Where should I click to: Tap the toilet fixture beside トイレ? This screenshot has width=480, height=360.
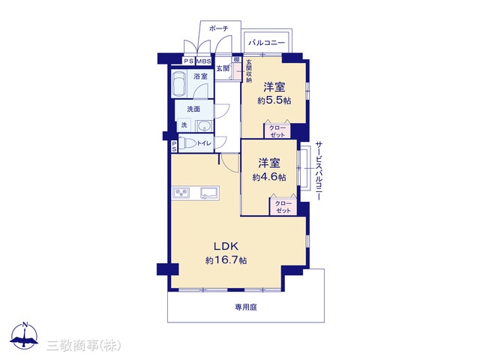[187, 143]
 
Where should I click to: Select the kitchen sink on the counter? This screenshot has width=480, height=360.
[209, 193]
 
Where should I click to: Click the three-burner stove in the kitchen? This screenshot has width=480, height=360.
[181, 193]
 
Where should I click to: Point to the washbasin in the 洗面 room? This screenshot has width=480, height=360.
[203, 125]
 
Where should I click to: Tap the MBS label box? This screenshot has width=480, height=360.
[203, 61]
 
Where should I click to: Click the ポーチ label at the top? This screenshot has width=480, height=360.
[218, 28]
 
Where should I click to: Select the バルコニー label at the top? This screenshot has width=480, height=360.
[266, 43]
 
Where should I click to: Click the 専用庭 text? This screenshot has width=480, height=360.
[246, 307]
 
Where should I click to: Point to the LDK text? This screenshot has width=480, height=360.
[226, 246]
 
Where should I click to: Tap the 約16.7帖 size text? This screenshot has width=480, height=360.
[226, 260]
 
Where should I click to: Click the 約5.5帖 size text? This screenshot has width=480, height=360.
[274, 100]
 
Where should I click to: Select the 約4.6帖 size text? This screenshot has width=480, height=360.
[269, 177]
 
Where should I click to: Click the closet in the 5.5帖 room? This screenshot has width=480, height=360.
[277, 130]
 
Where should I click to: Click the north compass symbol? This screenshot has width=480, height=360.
[25, 336]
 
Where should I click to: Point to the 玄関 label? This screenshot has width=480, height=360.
[223, 68]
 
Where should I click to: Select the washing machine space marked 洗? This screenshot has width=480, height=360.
[184, 125]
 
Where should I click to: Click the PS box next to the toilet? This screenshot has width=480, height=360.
[174, 146]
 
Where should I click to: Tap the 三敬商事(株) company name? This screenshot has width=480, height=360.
[84, 346]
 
